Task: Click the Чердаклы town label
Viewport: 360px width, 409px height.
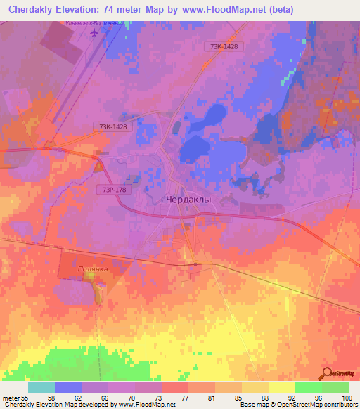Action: click(x=188, y=200)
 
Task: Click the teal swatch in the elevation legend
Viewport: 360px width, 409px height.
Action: click(x=41, y=387)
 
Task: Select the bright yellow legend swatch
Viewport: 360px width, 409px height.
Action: click(x=281, y=387)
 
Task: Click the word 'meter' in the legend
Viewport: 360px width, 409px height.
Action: click(x=12, y=397)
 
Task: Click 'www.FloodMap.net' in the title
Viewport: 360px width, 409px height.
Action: click(x=219, y=9)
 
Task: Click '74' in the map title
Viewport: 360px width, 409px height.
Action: click(x=127, y=9)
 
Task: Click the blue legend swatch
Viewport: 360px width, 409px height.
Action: click(x=67, y=387)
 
